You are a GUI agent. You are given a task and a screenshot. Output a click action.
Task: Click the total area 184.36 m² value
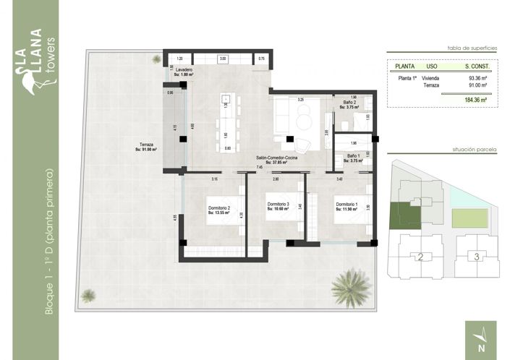click(x=477, y=99)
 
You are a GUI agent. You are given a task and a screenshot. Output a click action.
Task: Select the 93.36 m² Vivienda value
click(x=478, y=77)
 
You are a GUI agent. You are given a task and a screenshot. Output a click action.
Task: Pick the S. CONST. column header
click(x=477, y=66)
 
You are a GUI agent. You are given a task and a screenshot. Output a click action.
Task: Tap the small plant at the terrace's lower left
click(x=88, y=295)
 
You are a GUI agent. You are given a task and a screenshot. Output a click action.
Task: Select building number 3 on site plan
click(x=475, y=255)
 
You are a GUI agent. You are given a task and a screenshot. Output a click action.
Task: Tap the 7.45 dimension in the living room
click(x=259, y=168)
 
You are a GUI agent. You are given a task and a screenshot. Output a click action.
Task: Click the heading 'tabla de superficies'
click(x=473, y=48)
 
